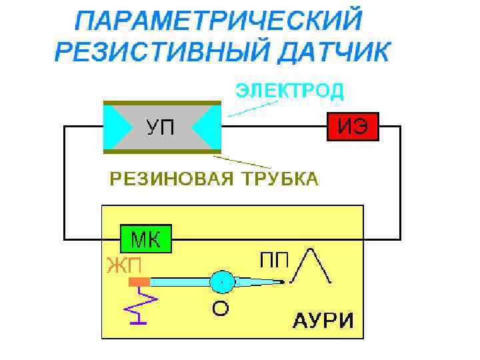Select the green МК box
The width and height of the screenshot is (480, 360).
coord(146,238)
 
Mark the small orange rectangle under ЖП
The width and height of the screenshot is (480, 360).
coord(139,282)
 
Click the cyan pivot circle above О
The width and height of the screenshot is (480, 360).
coord(222,282)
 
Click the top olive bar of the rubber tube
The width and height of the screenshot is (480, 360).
coord(161,103)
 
